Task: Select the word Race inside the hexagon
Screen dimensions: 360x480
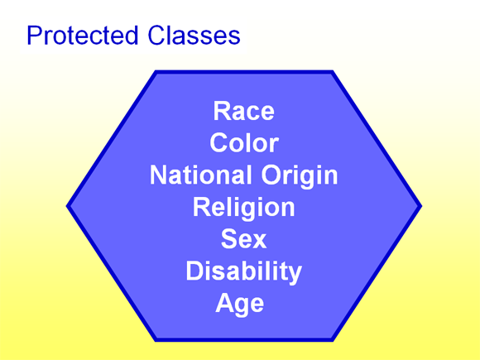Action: coord(243,111)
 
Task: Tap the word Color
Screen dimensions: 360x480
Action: coord(243,143)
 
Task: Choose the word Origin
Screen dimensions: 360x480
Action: coord(299,175)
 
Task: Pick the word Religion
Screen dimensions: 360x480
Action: coord(243,207)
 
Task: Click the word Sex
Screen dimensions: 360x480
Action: coord(243,239)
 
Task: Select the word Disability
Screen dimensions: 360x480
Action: coord(243,271)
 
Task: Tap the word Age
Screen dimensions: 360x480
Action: coord(240,304)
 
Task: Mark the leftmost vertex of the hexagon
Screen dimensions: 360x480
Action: coord(68,206)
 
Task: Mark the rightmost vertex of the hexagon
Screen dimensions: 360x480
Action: coord(420,206)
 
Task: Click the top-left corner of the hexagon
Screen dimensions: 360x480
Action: coord(156,72)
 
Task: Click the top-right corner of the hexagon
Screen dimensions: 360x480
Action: coord(333,72)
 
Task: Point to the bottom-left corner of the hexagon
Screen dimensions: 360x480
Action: coord(156,339)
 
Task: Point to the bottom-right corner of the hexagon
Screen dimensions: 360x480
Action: coord(333,339)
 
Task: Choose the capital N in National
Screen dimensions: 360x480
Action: coord(159,175)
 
